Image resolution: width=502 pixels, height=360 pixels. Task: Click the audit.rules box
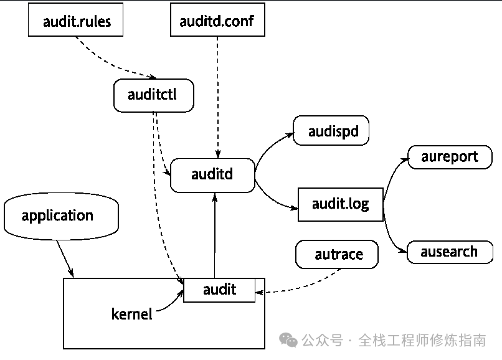[77, 22]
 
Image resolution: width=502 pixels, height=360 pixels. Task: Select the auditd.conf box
[217, 22]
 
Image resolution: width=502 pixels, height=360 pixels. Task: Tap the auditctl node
[153, 95]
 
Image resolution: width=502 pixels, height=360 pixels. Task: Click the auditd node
[212, 174]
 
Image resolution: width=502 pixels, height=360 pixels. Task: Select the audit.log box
[340, 204]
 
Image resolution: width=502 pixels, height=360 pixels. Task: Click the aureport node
[449, 156]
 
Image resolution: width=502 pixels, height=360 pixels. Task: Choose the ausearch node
[448, 252]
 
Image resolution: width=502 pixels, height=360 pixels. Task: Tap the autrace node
[338, 255]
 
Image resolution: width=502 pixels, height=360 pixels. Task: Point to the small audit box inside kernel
[219, 290]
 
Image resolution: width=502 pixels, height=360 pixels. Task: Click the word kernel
[131, 314]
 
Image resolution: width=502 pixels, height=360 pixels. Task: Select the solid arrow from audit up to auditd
[214, 237]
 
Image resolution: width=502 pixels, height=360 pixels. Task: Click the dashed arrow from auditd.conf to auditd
[217, 93]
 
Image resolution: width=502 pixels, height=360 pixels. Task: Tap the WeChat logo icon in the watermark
[288, 340]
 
